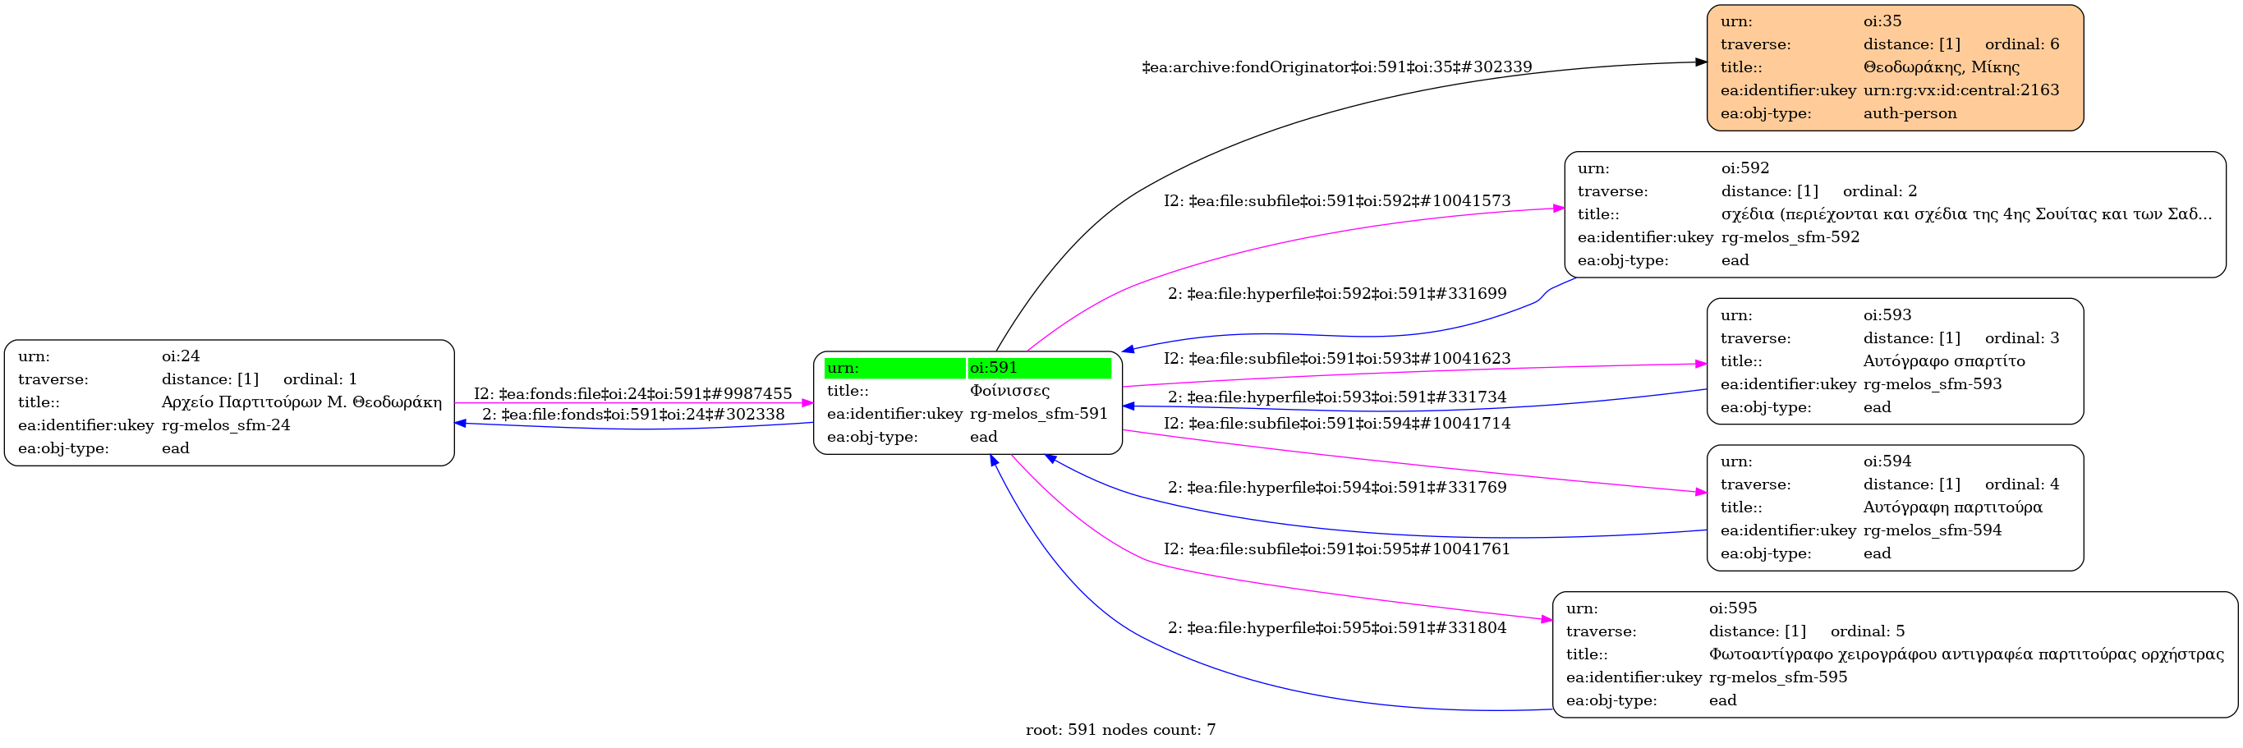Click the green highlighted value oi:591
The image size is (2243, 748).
tap(994, 368)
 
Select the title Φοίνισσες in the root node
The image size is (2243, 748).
tap(1009, 391)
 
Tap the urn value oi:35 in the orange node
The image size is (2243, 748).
tap(1882, 21)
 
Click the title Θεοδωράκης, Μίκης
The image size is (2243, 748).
tap(1941, 67)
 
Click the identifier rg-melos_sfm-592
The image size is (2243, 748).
tap(1790, 236)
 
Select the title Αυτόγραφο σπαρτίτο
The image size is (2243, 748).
tap(1943, 360)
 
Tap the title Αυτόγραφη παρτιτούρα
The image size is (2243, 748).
tap(1952, 507)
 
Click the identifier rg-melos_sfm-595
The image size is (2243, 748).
tap(1777, 677)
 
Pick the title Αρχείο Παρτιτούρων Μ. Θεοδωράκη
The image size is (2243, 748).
tap(301, 402)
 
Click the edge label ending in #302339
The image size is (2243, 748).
tap(1336, 67)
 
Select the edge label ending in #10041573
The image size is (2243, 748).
tap(1336, 201)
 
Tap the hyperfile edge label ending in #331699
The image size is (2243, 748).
tap(1336, 293)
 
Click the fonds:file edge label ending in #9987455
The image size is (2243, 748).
tap(632, 393)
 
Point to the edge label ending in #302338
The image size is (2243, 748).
tap(632, 415)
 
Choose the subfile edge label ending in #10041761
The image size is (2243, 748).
tap(1336, 548)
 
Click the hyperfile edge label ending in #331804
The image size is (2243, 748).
tap(1336, 628)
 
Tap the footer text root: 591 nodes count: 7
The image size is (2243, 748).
tap(1119, 730)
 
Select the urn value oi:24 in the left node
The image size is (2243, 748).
tap(180, 356)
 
